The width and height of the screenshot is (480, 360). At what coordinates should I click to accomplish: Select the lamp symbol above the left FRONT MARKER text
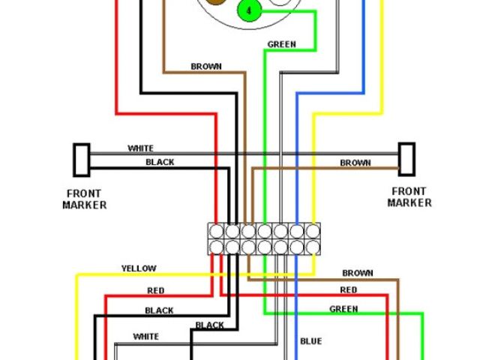coord(81,159)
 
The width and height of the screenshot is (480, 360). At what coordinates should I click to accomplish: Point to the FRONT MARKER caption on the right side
coord(409,197)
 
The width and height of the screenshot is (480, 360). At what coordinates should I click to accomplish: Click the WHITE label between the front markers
coord(140,148)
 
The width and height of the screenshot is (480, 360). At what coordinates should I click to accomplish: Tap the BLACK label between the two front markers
coord(160,162)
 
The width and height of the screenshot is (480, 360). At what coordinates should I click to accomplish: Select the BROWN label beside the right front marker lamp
coord(355,163)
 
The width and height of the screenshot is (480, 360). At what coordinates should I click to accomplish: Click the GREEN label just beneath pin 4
coord(281,44)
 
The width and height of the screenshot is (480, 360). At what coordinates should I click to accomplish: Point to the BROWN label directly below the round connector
coord(206,67)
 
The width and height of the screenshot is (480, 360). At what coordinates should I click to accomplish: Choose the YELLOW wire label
coord(139,268)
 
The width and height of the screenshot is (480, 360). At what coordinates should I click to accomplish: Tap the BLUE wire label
coord(311,342)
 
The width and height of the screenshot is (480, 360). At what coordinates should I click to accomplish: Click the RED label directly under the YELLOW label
coord(155,289)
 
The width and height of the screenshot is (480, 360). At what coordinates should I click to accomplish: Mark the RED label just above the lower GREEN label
coord(349,290)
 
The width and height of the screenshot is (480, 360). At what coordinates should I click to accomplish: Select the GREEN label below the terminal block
coord(343,309)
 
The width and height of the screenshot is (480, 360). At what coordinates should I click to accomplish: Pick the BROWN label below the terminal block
coord(358,273)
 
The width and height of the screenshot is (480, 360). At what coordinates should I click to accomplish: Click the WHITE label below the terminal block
coord(145,336)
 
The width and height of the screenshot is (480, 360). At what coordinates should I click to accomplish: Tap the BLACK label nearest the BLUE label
coord(209,325)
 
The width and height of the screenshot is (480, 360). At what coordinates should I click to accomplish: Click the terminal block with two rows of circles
coord(262,239)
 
